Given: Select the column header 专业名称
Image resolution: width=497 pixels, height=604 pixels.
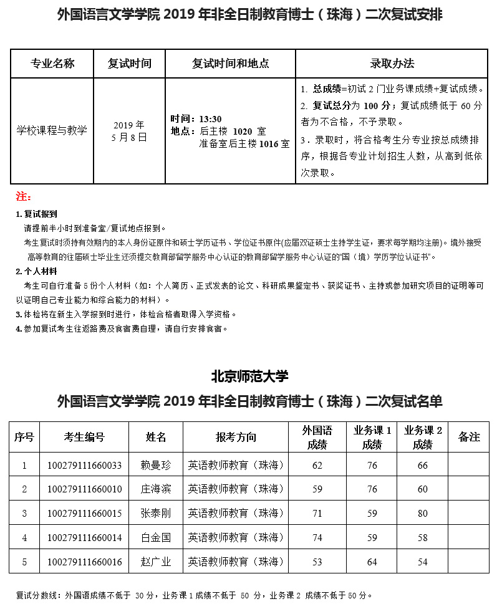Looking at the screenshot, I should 52,64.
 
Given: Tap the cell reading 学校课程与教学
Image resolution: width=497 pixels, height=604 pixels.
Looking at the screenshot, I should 52,130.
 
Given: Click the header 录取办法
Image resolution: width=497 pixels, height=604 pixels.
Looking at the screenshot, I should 392,64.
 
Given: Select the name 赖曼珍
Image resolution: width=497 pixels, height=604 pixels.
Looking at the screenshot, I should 155,465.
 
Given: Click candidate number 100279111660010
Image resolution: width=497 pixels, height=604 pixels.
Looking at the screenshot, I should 84,489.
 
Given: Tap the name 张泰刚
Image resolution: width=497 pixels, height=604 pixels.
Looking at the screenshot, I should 155,513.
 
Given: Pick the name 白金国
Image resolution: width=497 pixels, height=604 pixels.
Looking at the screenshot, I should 155,537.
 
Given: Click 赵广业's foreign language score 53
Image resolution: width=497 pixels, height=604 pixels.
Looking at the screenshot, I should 317,562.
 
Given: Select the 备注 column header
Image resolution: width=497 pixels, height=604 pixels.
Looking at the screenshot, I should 468,436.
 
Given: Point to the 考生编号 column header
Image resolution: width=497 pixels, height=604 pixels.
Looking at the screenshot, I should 84,436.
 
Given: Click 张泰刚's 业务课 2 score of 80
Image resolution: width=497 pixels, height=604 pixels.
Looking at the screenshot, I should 422,513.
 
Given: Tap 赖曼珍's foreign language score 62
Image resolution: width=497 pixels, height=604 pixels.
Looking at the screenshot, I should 317,465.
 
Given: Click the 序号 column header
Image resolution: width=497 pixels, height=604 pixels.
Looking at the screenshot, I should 24,436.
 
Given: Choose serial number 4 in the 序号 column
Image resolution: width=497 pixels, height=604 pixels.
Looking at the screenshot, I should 24,537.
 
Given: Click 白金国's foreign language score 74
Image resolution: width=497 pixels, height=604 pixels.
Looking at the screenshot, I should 317,537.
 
